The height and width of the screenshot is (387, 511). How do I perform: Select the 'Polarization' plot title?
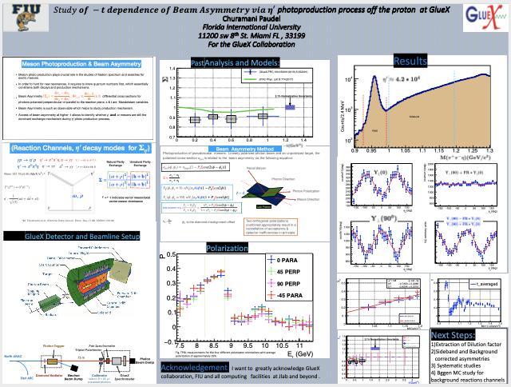click(227, 249)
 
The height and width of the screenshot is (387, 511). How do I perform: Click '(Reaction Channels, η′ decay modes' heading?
click(76, 148)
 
